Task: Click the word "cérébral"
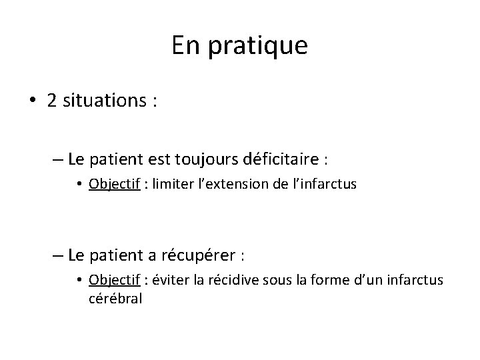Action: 115,298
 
